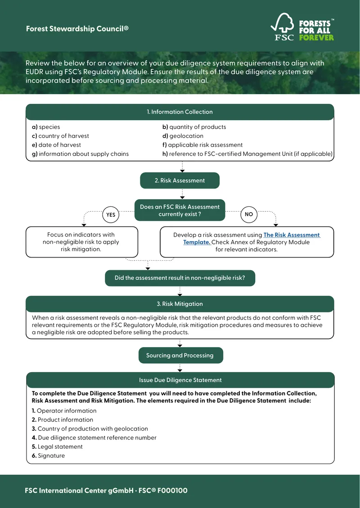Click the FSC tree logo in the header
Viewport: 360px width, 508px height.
pyautogui.click(x=283, y=27)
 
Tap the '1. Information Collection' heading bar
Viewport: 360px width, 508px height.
pyautogui.click(x=180, y=112)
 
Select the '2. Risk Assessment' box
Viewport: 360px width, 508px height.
pyautogui.click(x=180, y=180)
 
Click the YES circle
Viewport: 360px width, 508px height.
pyautogui.click(x=111, y=214)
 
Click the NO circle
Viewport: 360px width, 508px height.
pyautogui.click(x=249, y=214)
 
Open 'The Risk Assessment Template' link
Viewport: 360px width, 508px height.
pyautogui.click(x=252, y=238)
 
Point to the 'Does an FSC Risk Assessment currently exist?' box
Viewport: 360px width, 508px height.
pyautogui.click(x=180, y=210)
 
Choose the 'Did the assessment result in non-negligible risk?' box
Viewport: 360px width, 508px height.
pyautogui.click(x=180, y=278)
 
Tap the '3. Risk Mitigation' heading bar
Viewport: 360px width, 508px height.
pyautogui.click(x=180, y=304)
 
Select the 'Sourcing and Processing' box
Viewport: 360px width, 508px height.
pyautogui.click(x=180, y=356)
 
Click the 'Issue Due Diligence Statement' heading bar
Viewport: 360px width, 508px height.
pyautogui.click(x=180, y=380)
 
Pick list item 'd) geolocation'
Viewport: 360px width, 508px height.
pyautogui.click(x=183, y=136)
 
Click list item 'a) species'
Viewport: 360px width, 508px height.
pyautogui.click(x=46, y=127)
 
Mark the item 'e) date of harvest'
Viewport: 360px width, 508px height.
pyautogui.click(x=56, y=145)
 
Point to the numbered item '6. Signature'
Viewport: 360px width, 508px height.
pyautogui.click(x=48, y=455)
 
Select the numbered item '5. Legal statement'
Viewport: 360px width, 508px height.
pyautogui.click(x=57, y=446)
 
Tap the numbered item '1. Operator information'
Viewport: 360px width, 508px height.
pyautogui.click(x=64, y=410)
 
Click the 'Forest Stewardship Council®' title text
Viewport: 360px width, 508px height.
pyautogui.click(x=77, y=29)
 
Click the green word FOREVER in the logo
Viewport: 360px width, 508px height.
pyautogui.click(x=316, y=38)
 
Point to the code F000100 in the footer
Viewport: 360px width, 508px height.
pyautogui.click(x=172, y=490)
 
